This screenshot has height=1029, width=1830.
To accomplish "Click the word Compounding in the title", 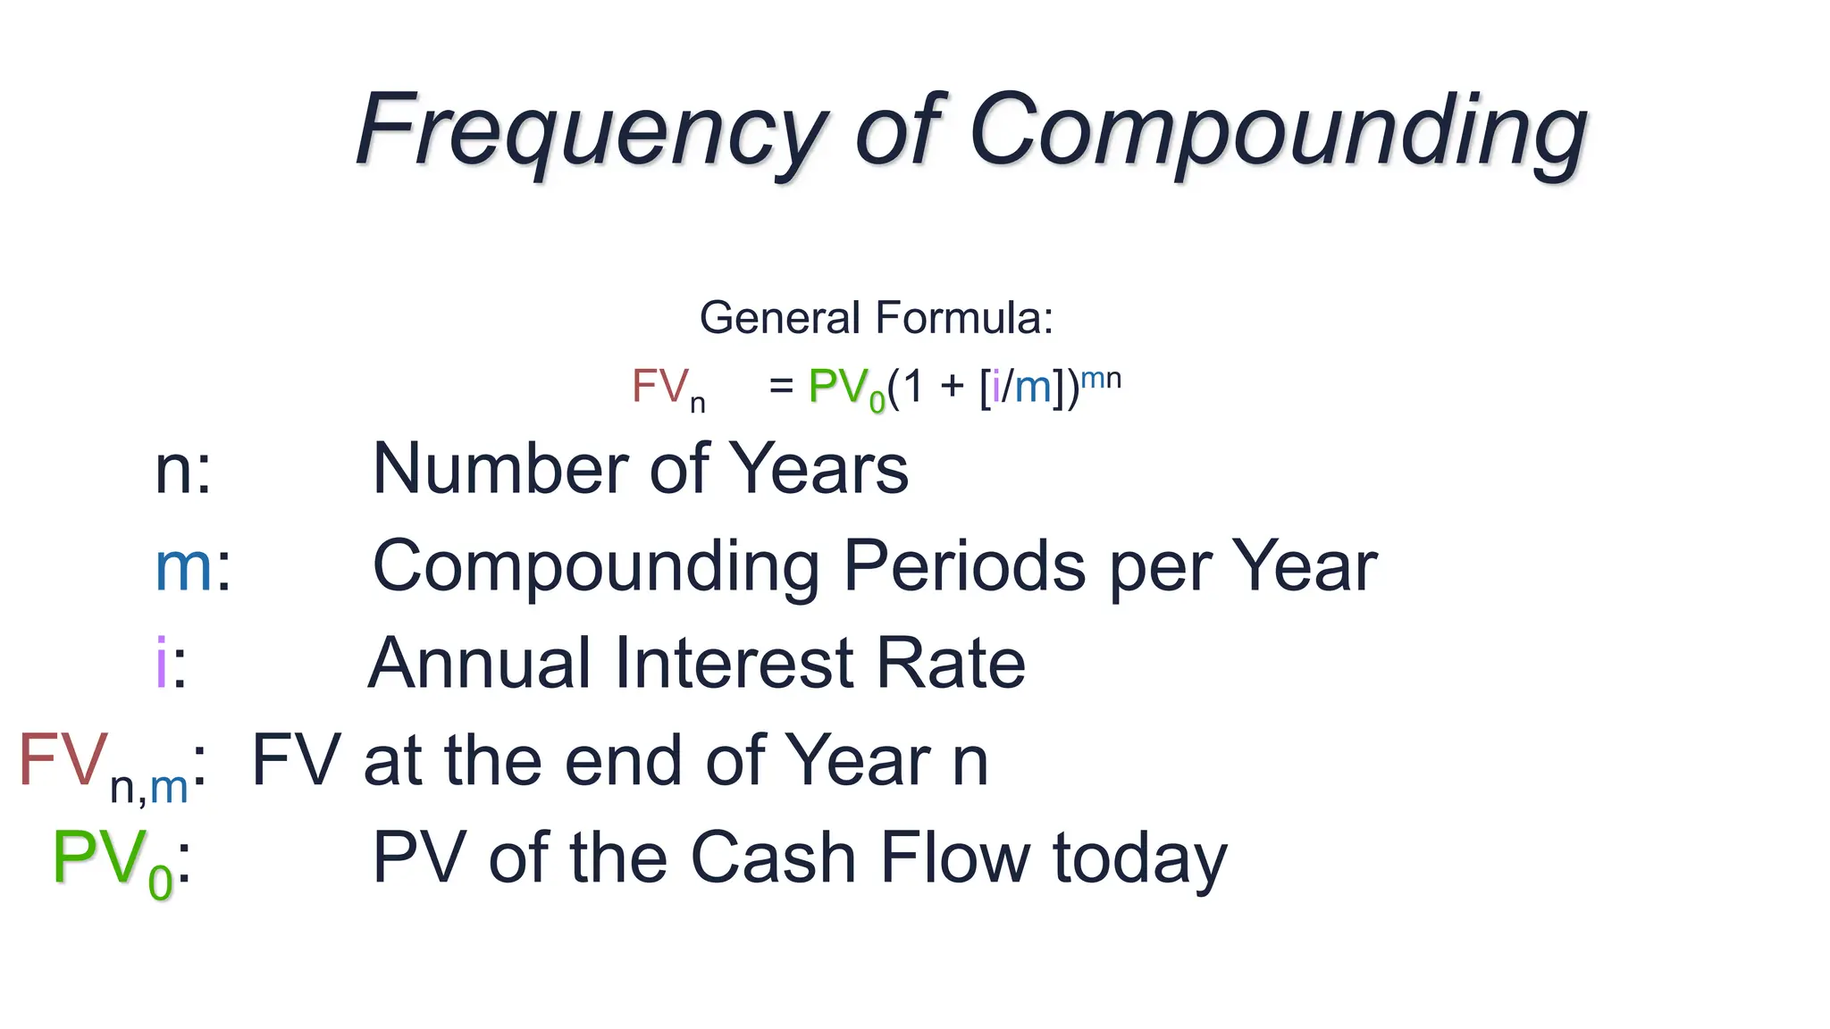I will (1278, 132).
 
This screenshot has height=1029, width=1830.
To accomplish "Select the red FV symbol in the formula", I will (659, 387).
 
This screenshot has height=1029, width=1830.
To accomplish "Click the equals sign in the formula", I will (781, 388).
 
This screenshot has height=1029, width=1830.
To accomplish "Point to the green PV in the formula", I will (838, 387).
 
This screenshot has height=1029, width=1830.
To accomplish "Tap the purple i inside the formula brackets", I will (996, 387).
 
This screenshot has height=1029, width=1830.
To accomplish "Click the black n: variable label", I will (182, 471).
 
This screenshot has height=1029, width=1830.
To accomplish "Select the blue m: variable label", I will (190, 567).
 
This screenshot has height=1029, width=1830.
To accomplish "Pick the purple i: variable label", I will (169, 663).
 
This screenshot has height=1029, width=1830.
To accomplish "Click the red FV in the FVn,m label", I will (63, 760).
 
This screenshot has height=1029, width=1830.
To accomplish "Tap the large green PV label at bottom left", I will (98, 857).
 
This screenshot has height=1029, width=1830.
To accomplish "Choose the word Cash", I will (774, 857).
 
